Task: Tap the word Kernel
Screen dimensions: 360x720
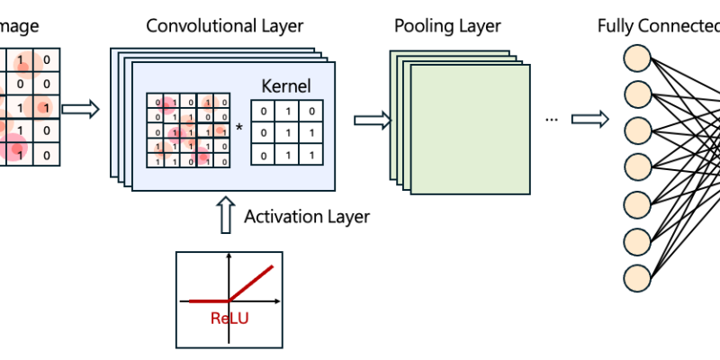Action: click(285, 86)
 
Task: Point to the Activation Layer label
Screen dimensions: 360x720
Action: click(307, 216)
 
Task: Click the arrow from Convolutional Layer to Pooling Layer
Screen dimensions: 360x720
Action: click(372, 120)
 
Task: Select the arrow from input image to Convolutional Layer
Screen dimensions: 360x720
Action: click(81, 110)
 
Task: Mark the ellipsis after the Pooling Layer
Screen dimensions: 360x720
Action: click(552, 119)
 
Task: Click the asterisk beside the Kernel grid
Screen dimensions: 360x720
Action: click(239, 128)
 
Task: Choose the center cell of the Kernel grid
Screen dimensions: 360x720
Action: click(285, 133)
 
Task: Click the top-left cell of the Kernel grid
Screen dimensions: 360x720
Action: click(263, 111)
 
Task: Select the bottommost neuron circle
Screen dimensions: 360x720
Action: click(637, 274)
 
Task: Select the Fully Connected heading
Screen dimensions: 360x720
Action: click(657, 25)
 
